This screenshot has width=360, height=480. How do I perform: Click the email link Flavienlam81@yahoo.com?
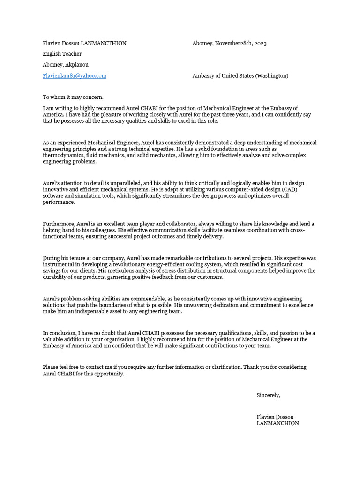[75, 75]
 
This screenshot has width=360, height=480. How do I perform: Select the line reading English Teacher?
[62, 54]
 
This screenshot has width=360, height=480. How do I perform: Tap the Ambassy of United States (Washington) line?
[240, 75]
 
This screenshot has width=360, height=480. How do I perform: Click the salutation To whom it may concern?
[73, 97]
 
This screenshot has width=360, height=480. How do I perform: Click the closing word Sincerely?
[268, 395]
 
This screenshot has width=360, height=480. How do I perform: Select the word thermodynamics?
[62, 155]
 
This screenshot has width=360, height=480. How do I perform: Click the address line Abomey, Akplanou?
[66, 65]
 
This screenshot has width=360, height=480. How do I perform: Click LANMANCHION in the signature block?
[277, 423]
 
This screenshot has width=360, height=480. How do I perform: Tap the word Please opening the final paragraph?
[51, 367]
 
